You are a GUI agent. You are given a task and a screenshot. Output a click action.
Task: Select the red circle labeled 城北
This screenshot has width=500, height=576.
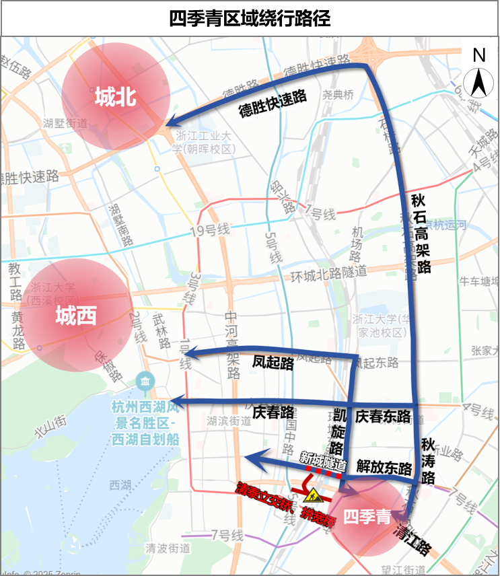tap(116, 98)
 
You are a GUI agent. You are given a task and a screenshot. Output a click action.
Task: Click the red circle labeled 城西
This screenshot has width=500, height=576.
tap(76, 314)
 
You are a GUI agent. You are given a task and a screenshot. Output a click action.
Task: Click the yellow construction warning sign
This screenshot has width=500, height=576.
tap(312, 496)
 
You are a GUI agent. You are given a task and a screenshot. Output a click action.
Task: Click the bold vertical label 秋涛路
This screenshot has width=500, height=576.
tap(428, 461)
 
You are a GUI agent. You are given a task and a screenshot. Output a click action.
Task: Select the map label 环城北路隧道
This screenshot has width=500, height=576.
tap(328, 273)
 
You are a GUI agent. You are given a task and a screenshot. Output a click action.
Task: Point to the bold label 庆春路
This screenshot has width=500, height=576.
tap(273, 411)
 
